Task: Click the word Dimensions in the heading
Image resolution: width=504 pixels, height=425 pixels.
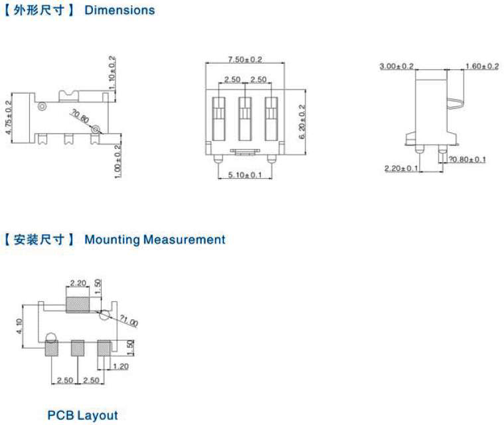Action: click(x=120, y=10)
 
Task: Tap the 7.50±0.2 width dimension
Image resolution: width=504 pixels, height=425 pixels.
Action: click(x=245, y=60)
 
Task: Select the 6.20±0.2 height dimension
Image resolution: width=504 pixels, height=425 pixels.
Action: click(x=302, y=122)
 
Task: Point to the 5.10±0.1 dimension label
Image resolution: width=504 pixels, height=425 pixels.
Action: click(x=245, y=175)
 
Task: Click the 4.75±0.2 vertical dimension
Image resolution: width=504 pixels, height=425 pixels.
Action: click(x=9, y=118)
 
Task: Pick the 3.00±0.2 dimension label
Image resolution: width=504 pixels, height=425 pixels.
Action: click(x=396, y=67)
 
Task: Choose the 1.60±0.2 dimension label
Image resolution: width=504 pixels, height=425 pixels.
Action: click(x=482, y=67)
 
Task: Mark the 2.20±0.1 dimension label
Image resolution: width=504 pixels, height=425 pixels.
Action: click(x=402, y=168)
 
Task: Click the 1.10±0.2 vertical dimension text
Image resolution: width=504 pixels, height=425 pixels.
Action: click(x=112, y=72)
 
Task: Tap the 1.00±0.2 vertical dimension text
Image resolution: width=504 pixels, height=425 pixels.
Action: click(x=118, y=162)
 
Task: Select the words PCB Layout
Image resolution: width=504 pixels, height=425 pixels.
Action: click(x=82, y=415)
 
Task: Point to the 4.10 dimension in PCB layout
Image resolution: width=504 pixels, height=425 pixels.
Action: click(x=19, y=326)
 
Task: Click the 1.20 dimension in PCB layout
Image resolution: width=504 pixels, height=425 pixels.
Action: click(x=121, y=366)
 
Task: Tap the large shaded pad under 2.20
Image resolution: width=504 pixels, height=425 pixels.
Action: click(x=78, y=305)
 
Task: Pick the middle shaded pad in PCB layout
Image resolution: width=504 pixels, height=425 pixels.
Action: click(x=78, y=348)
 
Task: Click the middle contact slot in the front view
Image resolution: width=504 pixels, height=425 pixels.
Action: click(x=245, y=119)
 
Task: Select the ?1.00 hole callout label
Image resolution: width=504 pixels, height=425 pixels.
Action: click(x=129, y=321)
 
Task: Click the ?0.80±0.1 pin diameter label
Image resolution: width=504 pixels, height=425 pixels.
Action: click(x=467, y=160)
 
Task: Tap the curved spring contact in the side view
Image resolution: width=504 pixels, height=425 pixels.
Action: click(x=456, y=103)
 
